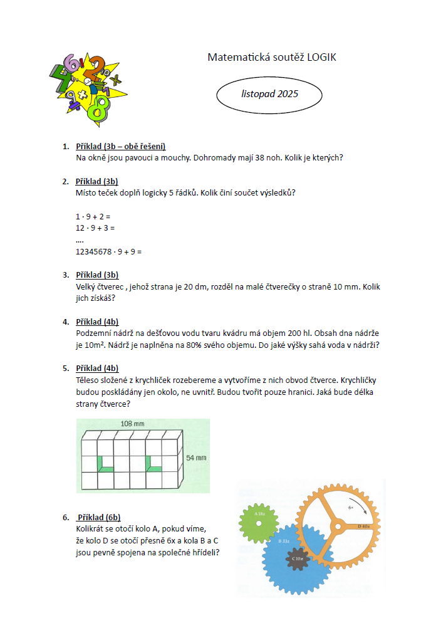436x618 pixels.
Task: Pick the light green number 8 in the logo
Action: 96,108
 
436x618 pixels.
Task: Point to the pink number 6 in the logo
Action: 73,63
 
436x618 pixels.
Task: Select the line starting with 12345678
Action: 109,251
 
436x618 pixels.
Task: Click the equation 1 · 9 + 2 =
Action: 93,216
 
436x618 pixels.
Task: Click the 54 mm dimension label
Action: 196,458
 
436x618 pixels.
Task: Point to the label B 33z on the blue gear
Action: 283,538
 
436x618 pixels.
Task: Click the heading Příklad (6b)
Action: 98,517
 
